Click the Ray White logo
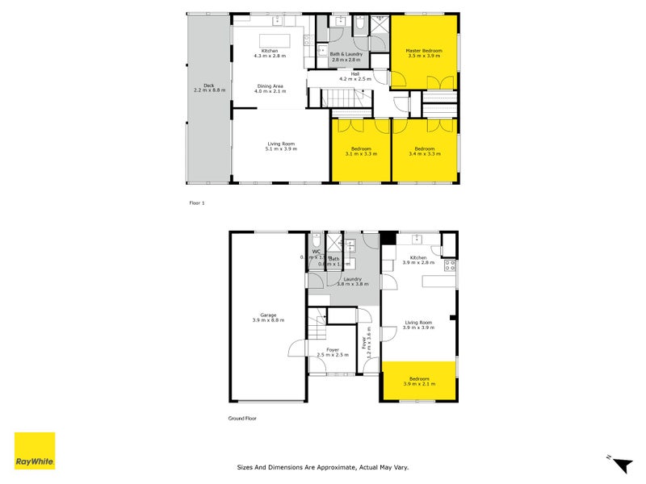[35, 451]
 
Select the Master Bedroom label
[424, 53]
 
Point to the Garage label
[268, 318]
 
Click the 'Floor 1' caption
[196, 203]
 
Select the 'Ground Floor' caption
[242, 419]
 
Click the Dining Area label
[270, 89]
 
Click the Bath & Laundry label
[346, 57]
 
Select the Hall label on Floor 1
[355, 77]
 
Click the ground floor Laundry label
[352, 282]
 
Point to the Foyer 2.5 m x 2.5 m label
[331, 353]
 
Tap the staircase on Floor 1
[339, 98]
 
